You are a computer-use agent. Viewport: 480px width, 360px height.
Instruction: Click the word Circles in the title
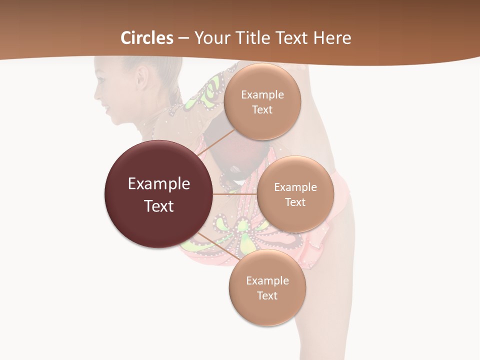(x=147, y=38)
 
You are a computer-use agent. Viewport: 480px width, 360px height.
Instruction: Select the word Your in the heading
(x=209, y=38)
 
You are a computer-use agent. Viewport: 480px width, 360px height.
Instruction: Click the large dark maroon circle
(x=158, y=194)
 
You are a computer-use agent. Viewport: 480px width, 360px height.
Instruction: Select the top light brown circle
(x=262, y=101)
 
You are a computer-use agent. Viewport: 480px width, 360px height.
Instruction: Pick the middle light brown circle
(x=295, y=194)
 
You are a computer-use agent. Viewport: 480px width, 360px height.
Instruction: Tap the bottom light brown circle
(x=267, y=287)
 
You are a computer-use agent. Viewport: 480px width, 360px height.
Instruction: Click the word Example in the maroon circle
(x=159, y=184)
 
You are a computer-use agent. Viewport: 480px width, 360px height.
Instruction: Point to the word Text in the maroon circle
(x=159, y=206)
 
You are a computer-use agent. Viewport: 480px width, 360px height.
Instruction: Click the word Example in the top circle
(x=262, y=94)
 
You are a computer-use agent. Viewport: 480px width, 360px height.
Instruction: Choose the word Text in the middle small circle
(x=295, y=202)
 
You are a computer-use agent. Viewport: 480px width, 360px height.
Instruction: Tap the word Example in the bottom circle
(x=267, y=280)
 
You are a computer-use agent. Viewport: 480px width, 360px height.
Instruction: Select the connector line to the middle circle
(x=234, y=193)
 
